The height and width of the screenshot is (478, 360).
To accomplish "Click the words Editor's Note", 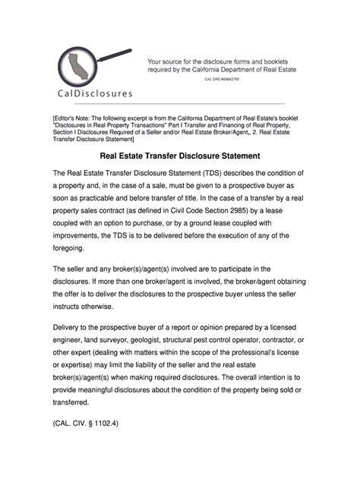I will point(76,119).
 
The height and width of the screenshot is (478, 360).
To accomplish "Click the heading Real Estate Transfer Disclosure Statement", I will point(180,156).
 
